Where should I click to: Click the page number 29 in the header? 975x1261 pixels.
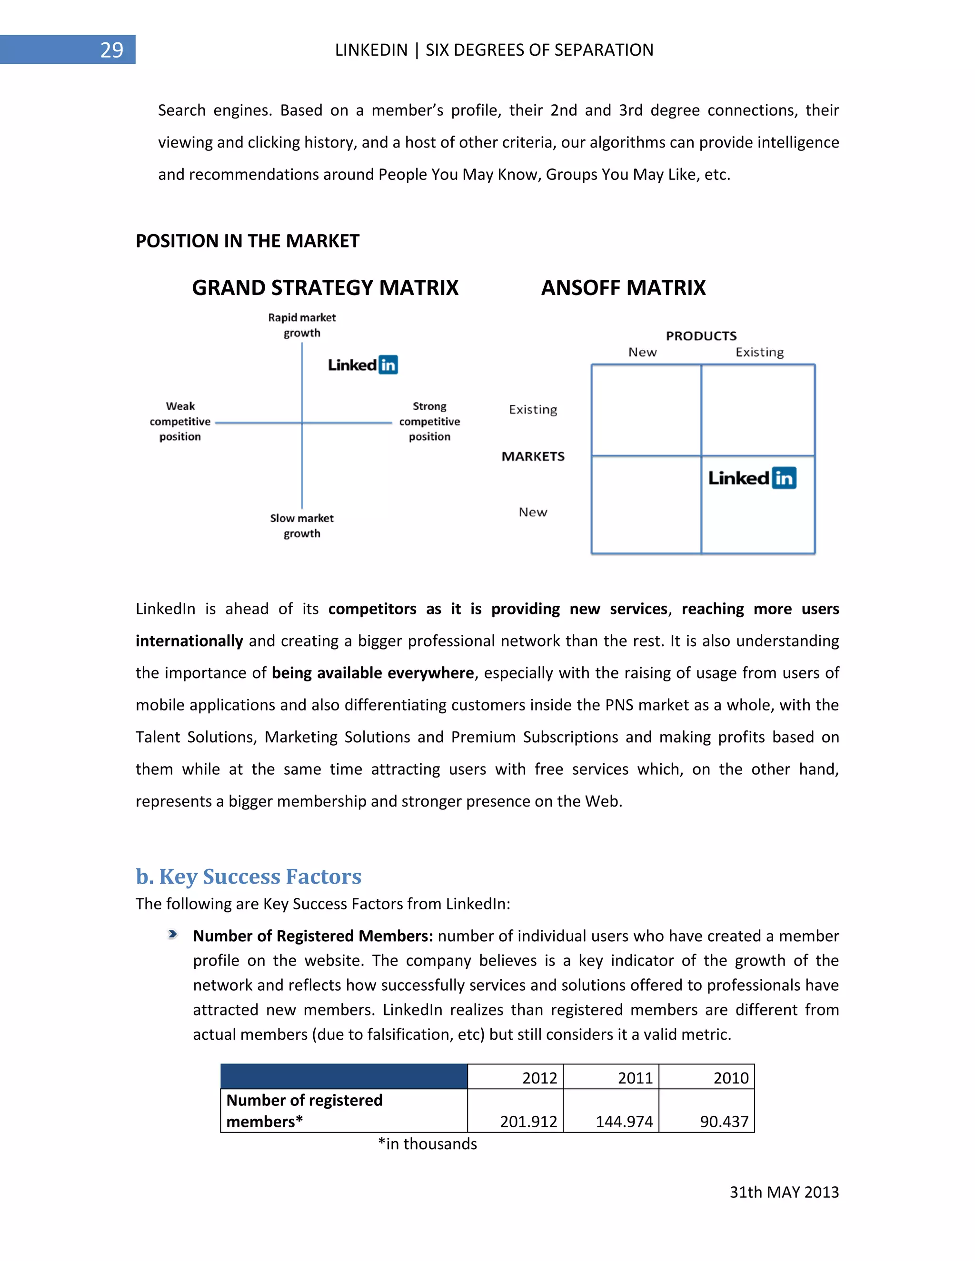pos(111,50)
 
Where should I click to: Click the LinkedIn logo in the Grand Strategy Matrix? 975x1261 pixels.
pos(363,365)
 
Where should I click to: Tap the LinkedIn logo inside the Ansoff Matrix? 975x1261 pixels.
pos(752,478)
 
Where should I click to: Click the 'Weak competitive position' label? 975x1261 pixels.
pos(180,422)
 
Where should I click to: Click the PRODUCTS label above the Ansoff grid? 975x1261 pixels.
pos(701,336)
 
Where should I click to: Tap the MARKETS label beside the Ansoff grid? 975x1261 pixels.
pos(533,457)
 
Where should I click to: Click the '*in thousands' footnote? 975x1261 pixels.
pos(428,1144)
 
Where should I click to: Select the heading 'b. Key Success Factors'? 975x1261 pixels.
pos(249,877)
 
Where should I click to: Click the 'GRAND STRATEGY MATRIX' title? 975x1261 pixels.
pos(325,287)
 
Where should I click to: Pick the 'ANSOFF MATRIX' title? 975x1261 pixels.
pos(623,287)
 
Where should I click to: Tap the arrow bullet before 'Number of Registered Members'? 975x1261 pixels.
pos(172,935)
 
